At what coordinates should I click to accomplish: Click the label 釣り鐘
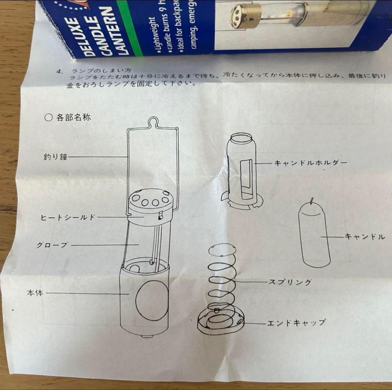[56, 157]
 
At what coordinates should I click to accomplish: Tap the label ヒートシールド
[68, 217]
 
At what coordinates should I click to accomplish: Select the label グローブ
[52, 245]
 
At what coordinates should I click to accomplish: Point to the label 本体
[35, 293]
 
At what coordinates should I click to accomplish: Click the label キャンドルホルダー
[310, 163]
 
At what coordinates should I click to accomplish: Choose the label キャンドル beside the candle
[364, 237]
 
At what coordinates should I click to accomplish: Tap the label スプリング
[290, 282]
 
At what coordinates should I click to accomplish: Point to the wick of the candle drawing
[312, 200]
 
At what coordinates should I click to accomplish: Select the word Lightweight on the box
[153, 35]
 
